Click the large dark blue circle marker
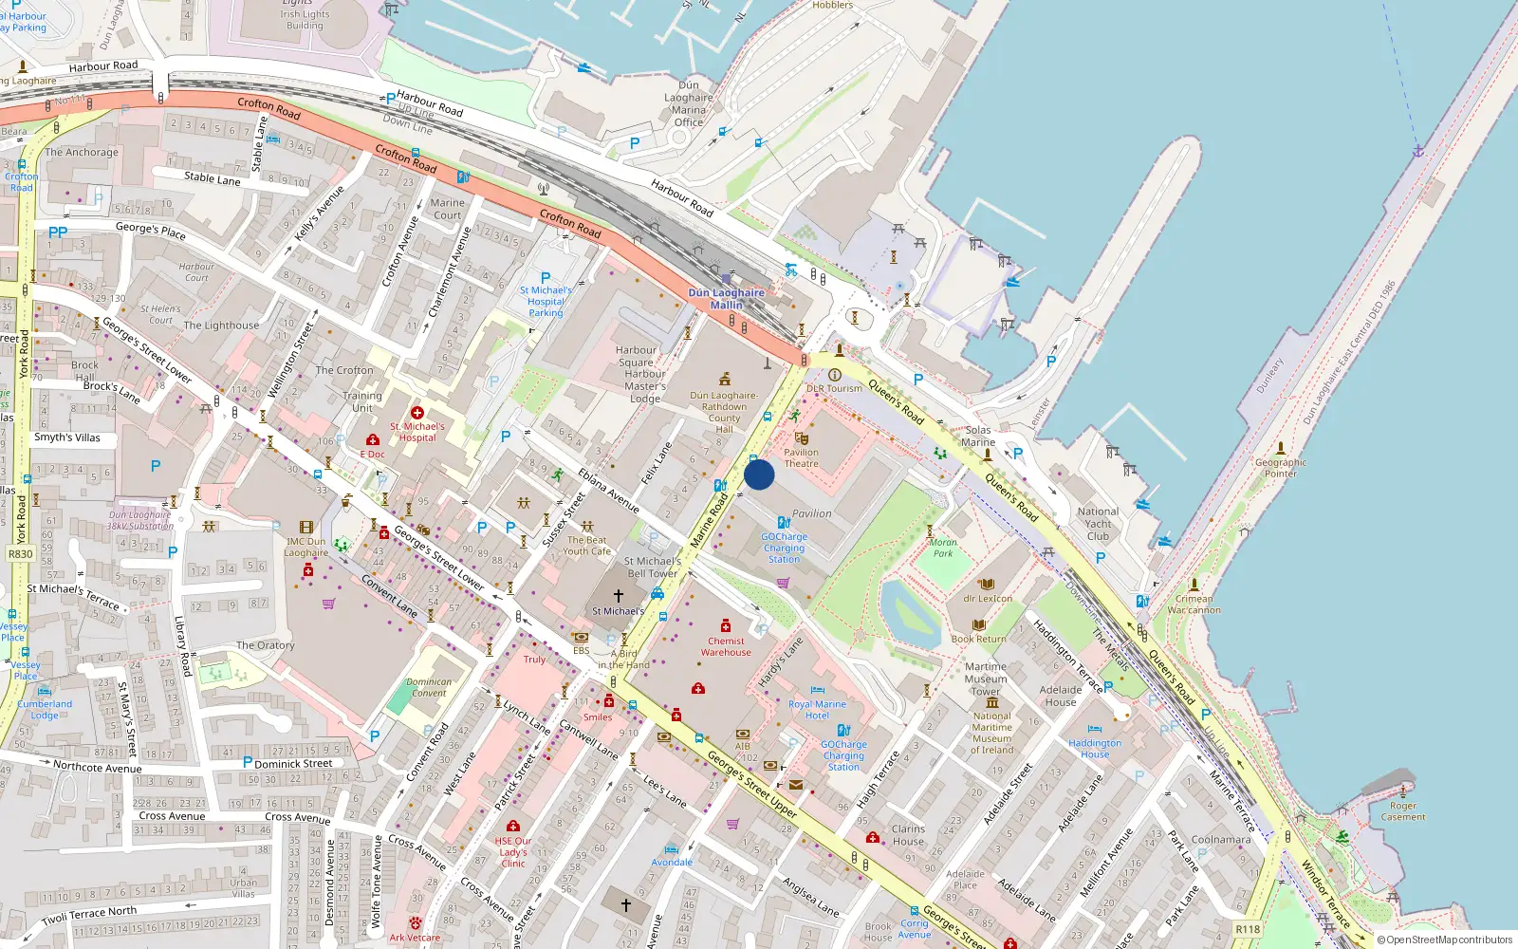[759, 474]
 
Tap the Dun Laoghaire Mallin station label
[726, 299]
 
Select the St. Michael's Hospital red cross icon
[417, 413]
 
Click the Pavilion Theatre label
[801, 458]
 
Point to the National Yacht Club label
[1098, 524]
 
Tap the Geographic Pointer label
[1281, 468]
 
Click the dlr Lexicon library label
[988, 599]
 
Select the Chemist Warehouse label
[726, 646]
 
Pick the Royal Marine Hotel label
[817, 710]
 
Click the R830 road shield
[20, 554]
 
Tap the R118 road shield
[1248, 929]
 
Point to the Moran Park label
[943, 548]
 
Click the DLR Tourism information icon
[835, 375]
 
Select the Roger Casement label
[1403, 811]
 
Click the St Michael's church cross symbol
[619, 596]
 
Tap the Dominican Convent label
[429, 687]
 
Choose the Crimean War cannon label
[1194, 604]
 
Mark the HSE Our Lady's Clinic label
[513, 852]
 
